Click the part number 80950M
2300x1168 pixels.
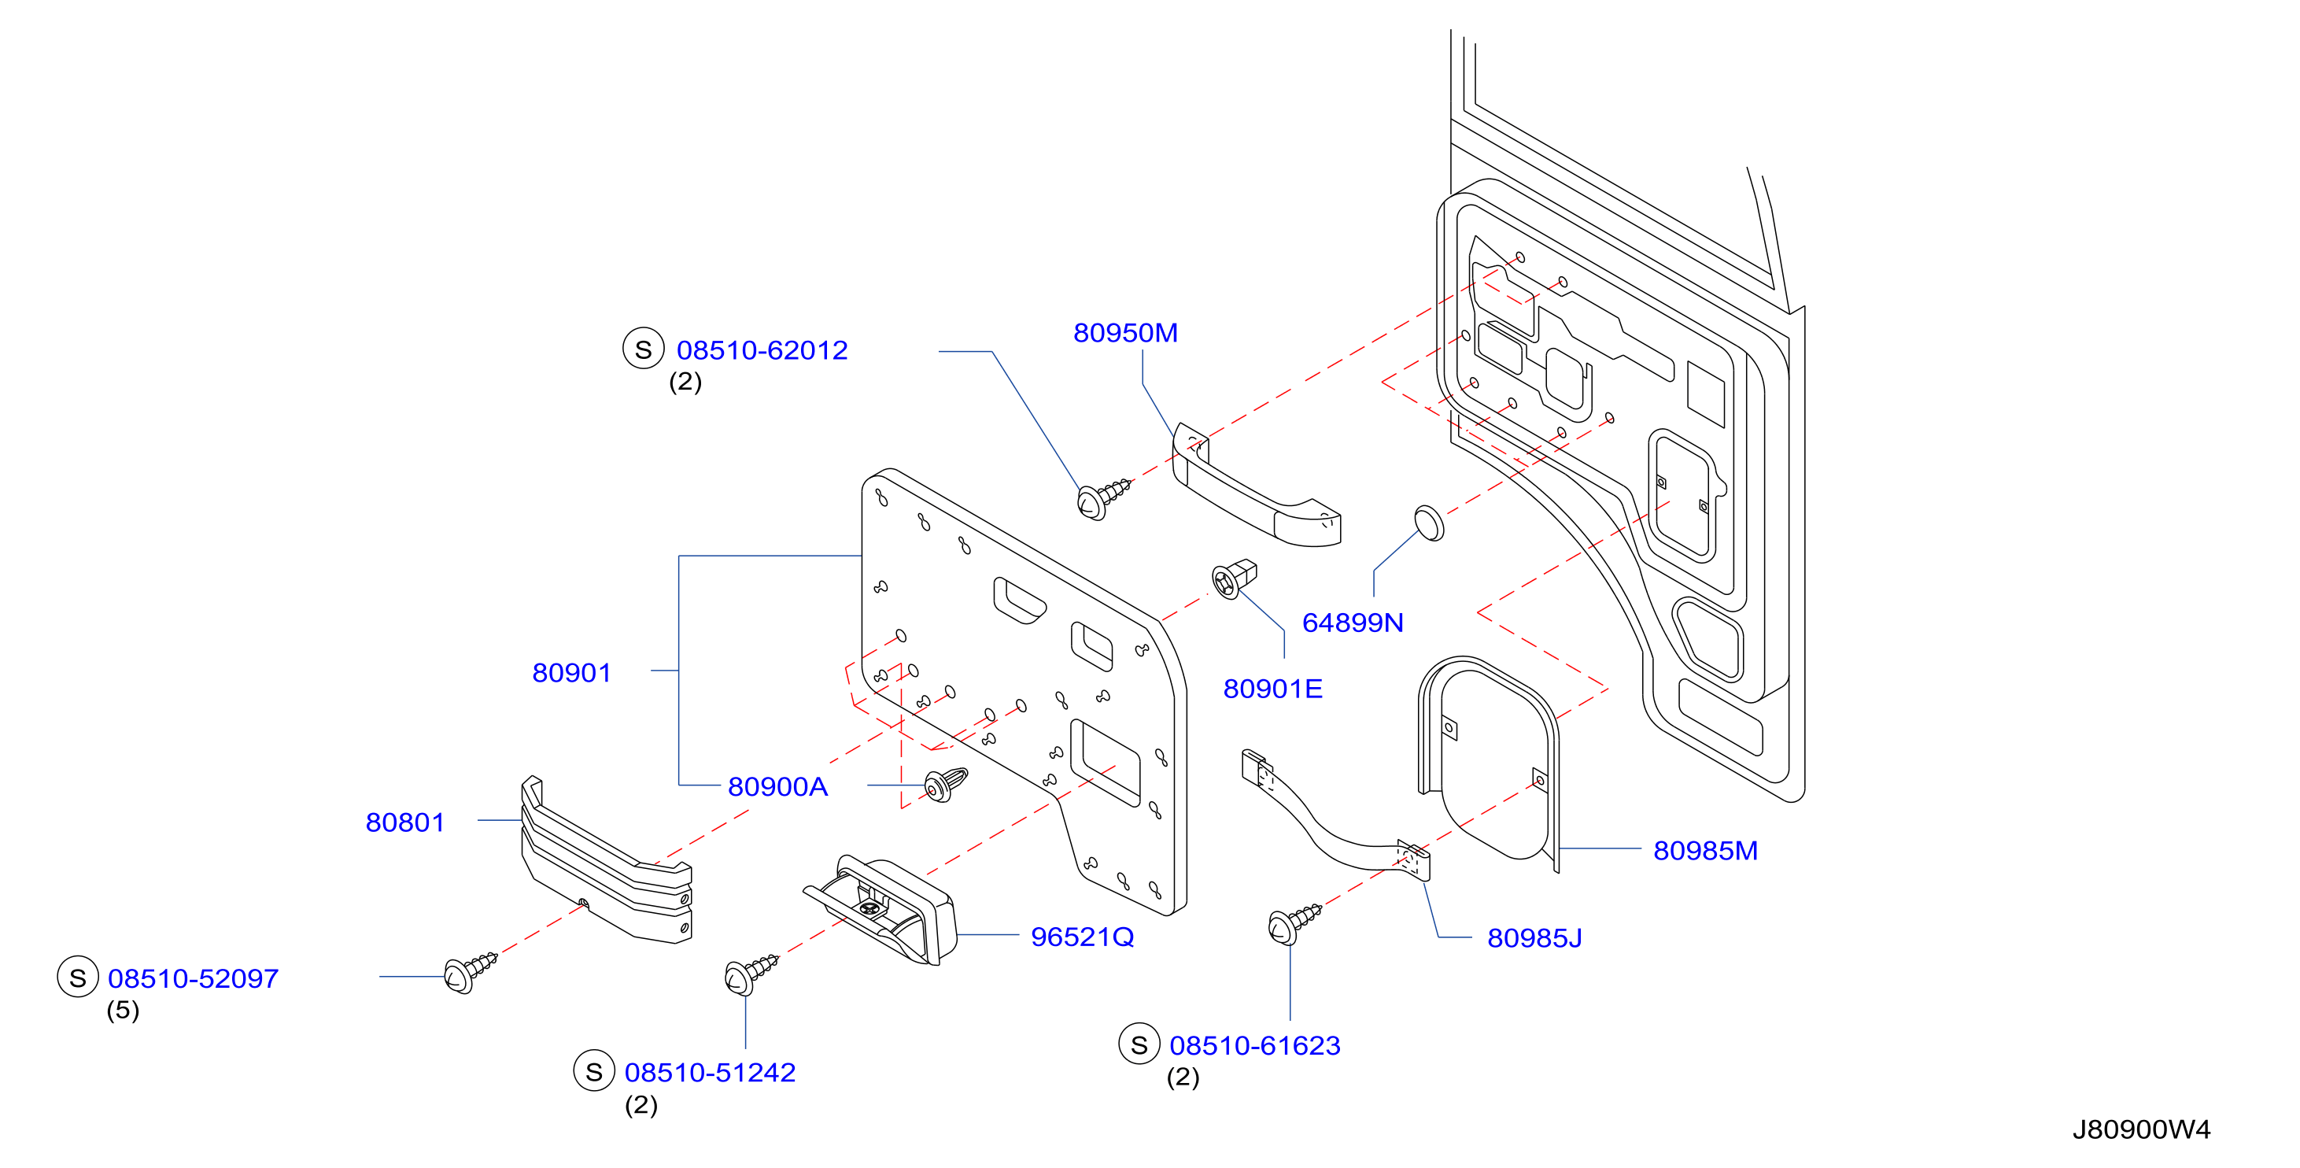point(1125,333)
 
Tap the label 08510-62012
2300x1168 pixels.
point(762,350)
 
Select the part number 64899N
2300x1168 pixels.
point(1353,623)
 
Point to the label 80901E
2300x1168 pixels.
point(1272,689)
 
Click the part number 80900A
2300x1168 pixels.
point(777,787)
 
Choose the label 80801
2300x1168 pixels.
point(405,822)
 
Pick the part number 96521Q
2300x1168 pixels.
point(1082,937)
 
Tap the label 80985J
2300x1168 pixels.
point(1534,937)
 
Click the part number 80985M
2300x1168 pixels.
point(1705,850)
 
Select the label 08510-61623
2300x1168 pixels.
point(1254,1046)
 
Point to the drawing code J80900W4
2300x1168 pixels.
point(2141,1129)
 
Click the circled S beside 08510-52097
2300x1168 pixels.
point(78,978)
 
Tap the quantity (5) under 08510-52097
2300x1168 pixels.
point(124,1010)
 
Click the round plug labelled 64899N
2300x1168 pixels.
point(1429,523)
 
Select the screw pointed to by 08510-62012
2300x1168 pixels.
point(1102,498)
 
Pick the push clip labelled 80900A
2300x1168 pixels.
point(946,785)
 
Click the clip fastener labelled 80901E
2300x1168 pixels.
point(1234,578)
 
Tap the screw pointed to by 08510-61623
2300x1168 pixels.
point(1294,923)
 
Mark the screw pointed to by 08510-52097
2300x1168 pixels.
point(470,971)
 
